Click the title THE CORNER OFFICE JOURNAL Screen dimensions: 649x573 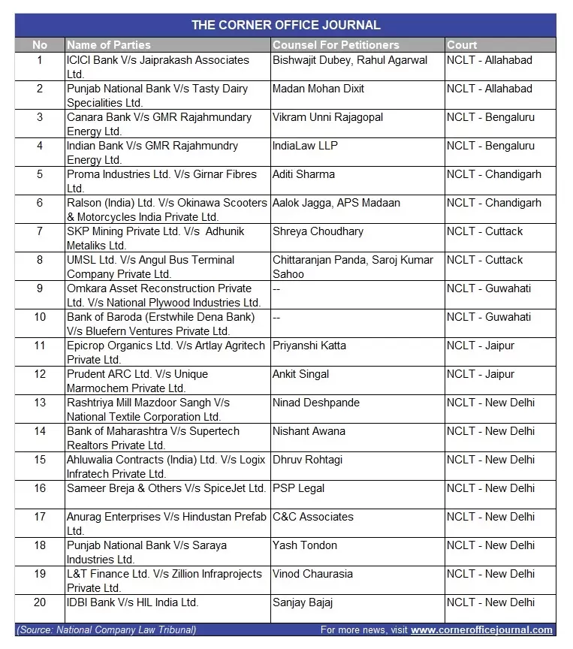(x=285, y=26)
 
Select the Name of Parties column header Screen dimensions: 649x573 (x=109, y=45)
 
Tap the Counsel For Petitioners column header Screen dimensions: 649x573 (x=336, y=45)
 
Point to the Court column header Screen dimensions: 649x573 (x=462, y=45)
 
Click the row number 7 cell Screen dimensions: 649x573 (x=40, y=231)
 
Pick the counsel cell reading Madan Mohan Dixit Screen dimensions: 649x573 (x=318, y=89)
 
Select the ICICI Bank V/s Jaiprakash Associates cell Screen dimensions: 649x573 (x=158, y=66)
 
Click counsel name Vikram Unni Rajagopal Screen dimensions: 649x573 (x=327, y=117)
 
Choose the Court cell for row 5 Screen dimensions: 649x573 (x=493, y=174)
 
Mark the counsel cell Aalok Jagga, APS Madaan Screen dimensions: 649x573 (x=336, y=203)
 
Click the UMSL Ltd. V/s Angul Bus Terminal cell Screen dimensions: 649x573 (x=150, y=267)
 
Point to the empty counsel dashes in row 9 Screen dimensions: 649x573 (x=276, y=288)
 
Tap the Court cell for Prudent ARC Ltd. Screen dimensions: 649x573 (x=481, y=374)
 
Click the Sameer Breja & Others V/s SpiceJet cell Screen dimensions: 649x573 (x=166, y=488)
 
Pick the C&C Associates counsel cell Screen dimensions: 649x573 (x=312, y=517)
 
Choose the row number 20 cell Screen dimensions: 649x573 (x=40, y=602)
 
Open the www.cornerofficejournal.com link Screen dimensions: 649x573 (x=481, y=630)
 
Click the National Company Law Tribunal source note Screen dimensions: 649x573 (x=107, y=630)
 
